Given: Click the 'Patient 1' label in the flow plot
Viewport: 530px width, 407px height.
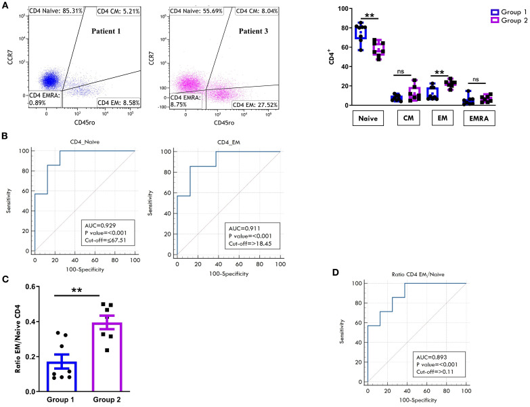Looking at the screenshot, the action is [x=106, y=31].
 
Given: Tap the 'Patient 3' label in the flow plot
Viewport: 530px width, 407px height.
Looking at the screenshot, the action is [x=253, y=31].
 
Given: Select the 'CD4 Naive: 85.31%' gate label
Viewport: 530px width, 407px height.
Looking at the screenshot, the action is [x=56, y=11].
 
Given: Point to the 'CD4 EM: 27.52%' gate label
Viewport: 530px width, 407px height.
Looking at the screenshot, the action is [x=255, y=105].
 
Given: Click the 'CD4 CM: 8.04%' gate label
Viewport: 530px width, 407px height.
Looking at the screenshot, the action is [x=257, y=11].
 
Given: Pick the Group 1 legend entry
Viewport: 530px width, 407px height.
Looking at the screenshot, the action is [x=508, y=12].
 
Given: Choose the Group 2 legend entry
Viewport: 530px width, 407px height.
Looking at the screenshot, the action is [x=508, y=20].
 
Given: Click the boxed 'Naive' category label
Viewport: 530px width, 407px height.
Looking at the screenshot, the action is [x=368, y=119].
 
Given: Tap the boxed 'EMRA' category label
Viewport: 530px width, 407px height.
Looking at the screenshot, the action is [x=479, y=119].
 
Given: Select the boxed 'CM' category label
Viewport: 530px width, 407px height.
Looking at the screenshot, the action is [x=408, y=118].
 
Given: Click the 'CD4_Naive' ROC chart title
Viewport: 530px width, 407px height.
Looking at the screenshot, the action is [x=85, y=142].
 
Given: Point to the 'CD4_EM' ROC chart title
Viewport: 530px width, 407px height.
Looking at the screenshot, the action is [x=229, y=142].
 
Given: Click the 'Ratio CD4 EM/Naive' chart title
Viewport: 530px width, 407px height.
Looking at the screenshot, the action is [x=418, y=274].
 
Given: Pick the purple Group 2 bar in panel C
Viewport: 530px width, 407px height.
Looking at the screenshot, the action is [x=107, y=357].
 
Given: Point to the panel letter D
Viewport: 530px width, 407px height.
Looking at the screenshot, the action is [x=335, y=272].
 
